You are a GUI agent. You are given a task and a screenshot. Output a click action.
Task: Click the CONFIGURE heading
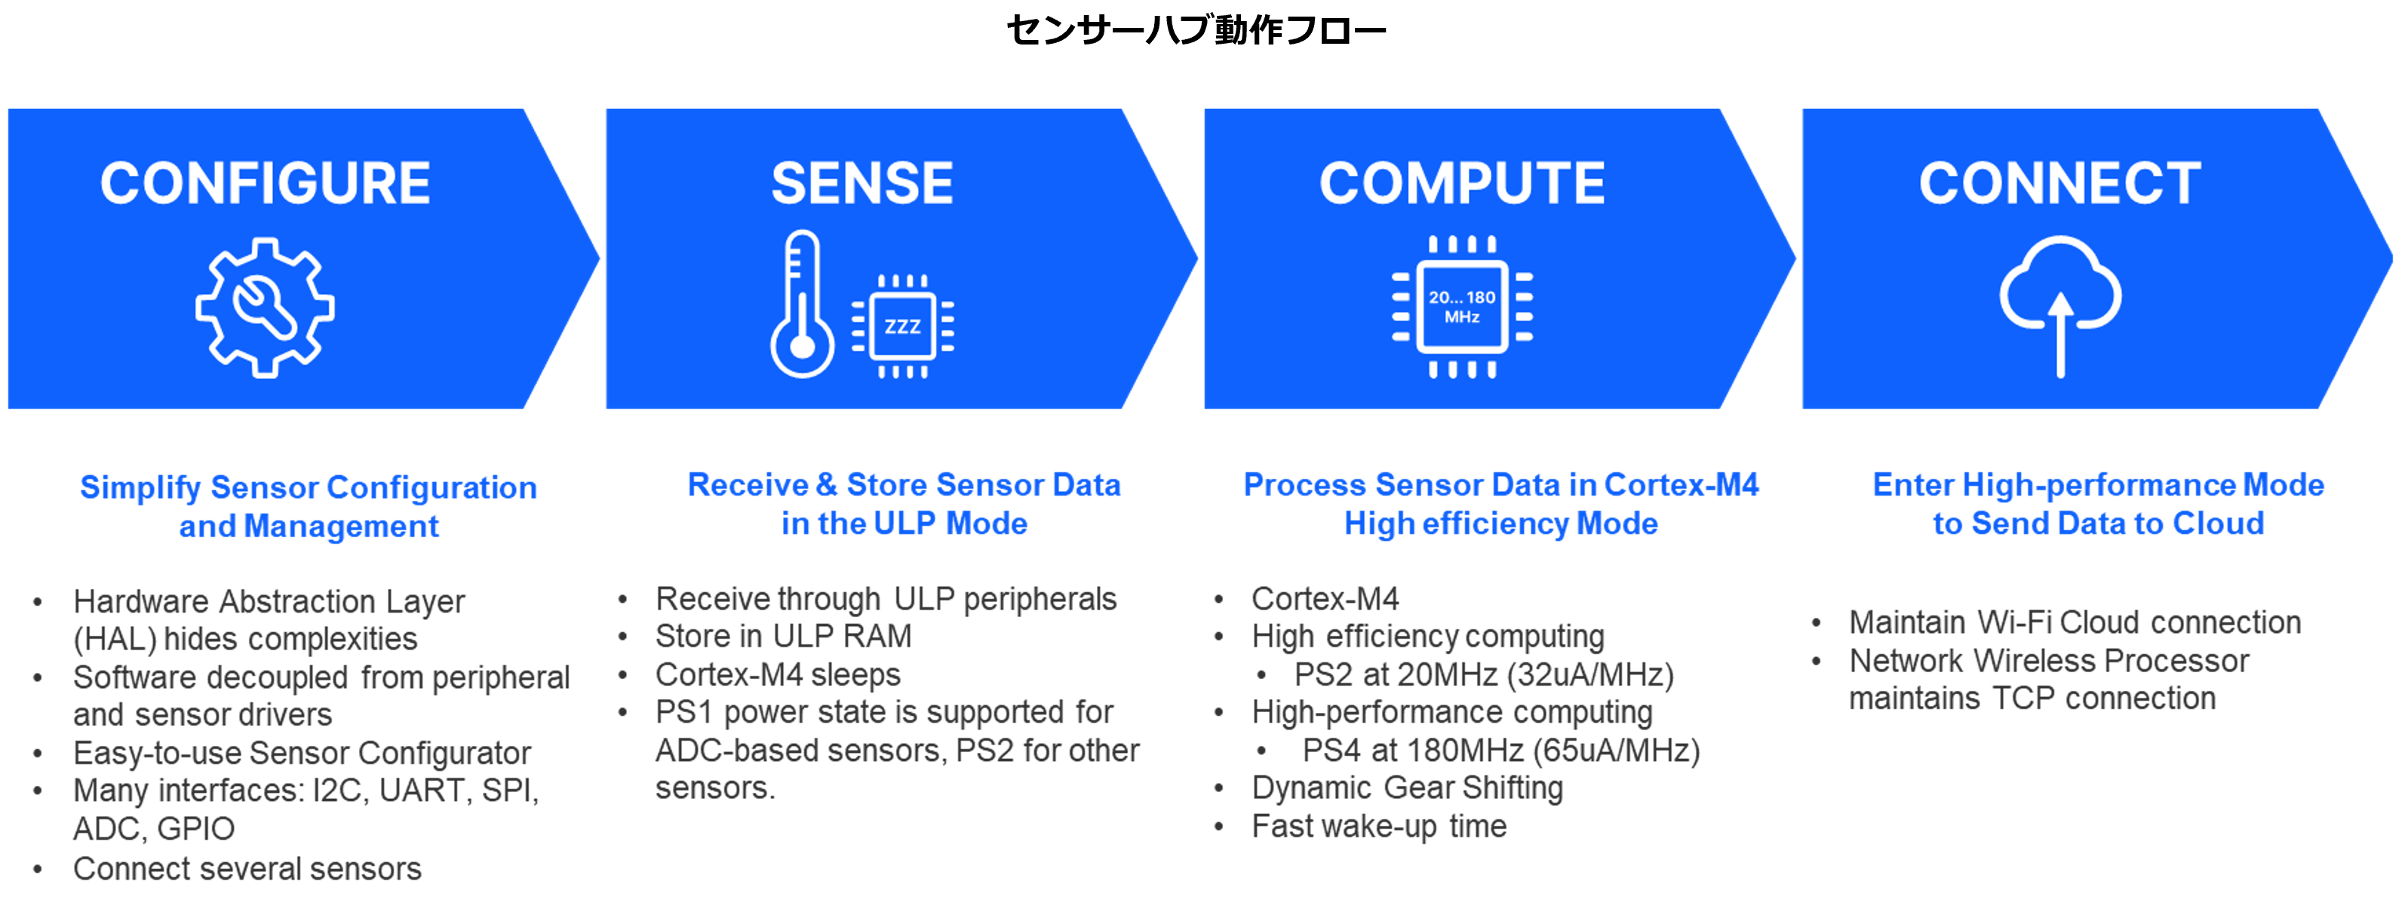click(x=266, y=183)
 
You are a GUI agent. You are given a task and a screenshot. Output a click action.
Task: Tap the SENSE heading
click(x=862, y=183)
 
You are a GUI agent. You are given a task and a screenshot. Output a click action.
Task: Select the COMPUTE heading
click(x=1462, y=183)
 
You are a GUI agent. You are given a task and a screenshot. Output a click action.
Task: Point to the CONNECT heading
click(x=2060, y=183)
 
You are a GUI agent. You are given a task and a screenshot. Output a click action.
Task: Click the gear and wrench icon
click(x=265, y=308)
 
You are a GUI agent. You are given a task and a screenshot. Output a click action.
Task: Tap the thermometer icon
click(x=801, y=305)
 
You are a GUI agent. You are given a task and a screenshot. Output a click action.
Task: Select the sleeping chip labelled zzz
click(x=903, y=327)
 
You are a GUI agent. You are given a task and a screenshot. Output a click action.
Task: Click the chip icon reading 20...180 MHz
click(x=1462, y=307)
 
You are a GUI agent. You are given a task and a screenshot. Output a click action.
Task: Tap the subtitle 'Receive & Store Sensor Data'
click(x=904, y=485)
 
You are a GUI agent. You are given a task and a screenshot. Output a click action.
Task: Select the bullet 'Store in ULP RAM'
click(x=783, y=637)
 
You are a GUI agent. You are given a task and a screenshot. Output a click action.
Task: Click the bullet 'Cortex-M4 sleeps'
click(x=778, y=675)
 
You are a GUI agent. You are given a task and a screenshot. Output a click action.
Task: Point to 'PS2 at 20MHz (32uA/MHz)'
click(x=1483, y=675)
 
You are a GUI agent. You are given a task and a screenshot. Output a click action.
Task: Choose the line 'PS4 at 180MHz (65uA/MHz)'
click(x=1500, y=751)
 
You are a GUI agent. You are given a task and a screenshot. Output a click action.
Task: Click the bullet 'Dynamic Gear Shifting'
click(x=1407, y=788)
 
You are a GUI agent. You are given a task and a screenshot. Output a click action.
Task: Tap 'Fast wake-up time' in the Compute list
click(x=1379, y=827)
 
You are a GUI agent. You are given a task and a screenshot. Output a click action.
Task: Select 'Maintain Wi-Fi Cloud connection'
click(x=2075, y=622)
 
